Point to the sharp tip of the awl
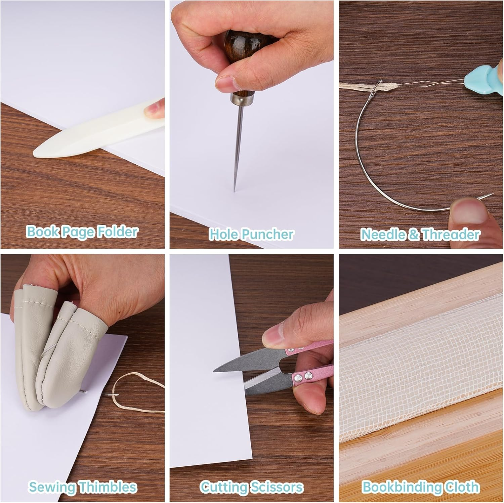coord(235,191)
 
